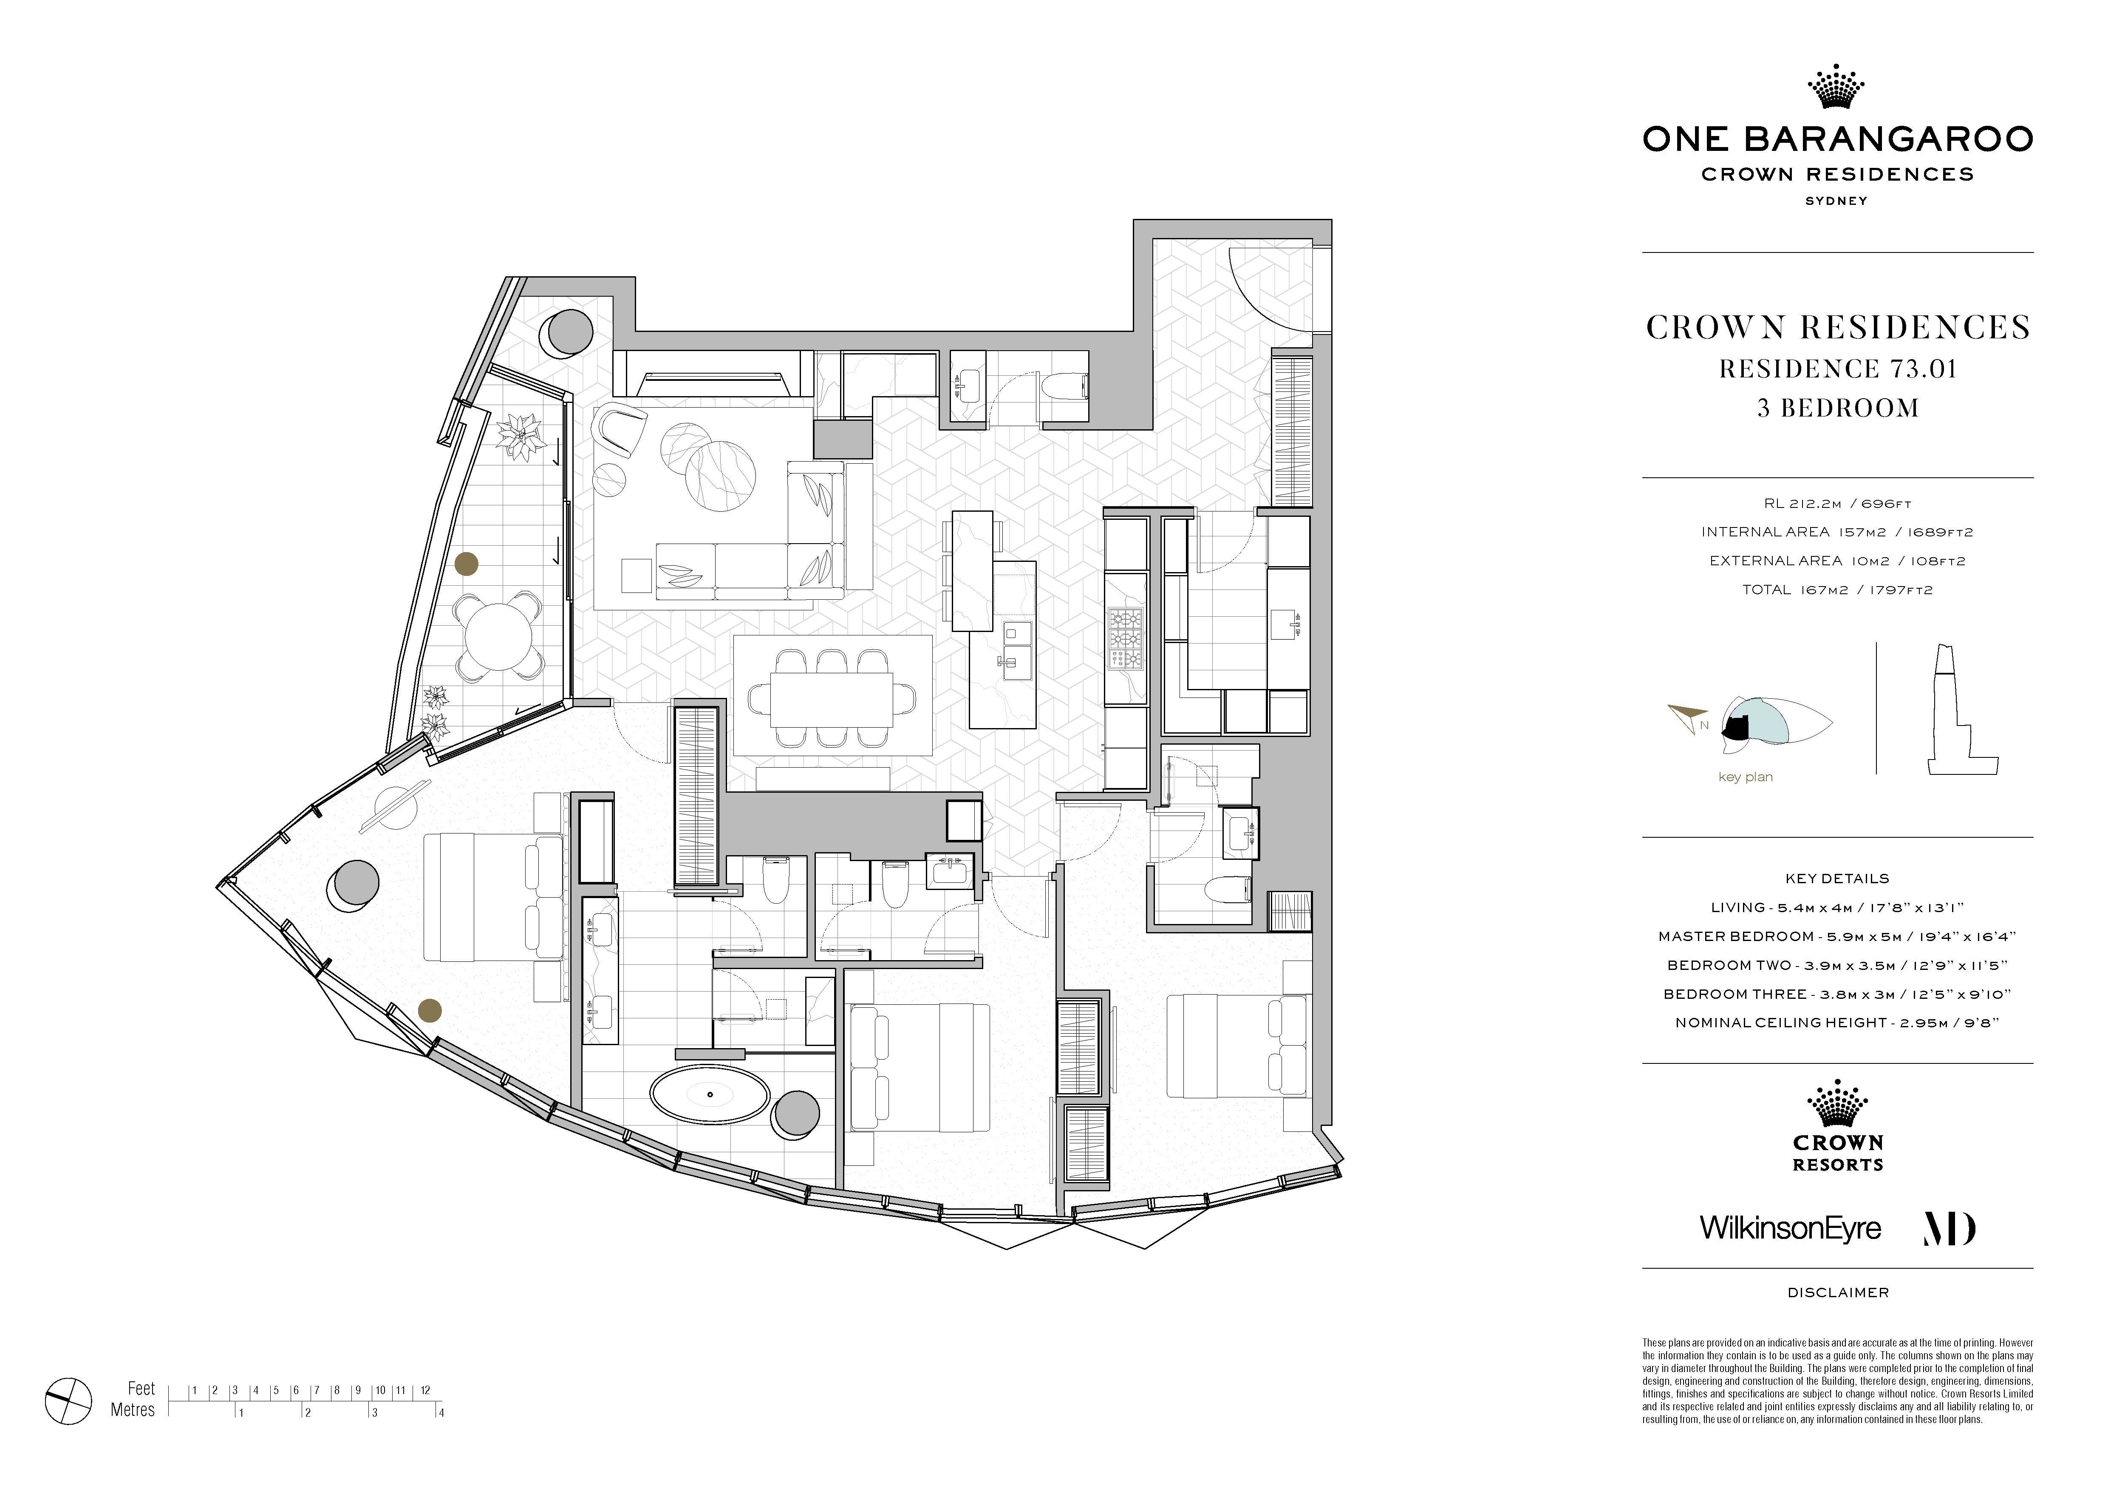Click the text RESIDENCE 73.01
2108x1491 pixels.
click(x=1838, y=369)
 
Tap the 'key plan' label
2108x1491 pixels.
click(x=1746, y=777)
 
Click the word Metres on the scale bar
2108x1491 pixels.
click(x=133, y=1410)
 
